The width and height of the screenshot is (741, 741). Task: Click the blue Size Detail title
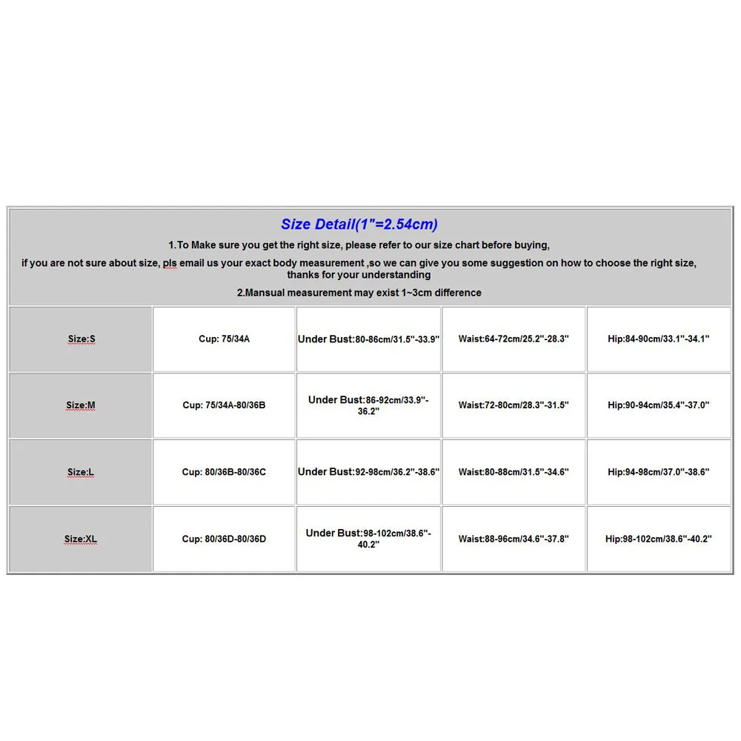(x=359, y=225)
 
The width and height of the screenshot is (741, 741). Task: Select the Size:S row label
(x=82, y=339)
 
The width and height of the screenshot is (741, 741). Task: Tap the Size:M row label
(x=81, y=405)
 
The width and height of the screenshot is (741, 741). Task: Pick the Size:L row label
(x=81, y=472)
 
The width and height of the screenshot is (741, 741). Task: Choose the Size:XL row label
(x=81, y=539)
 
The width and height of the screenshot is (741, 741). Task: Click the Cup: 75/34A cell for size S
(x=224, y=339)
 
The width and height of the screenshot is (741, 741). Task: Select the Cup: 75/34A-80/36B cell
(x=224, y=405)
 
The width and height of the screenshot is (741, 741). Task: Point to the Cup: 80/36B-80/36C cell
(x=224, y=472)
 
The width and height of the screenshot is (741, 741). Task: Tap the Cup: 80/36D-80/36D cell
(x=224, y=539)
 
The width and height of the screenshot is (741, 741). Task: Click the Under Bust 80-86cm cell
(x=369, y=339)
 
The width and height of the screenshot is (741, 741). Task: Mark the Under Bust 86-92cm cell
(x=369, y=405)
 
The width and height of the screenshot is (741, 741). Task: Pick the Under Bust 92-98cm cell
(x=369, y=472)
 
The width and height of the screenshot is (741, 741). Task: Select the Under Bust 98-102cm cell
(x=369, y=539)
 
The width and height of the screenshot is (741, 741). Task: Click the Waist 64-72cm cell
(x=514, y=339)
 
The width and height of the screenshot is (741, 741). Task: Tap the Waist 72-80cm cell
(x=514, y=405)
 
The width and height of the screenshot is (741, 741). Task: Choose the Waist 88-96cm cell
(x=514, y=539)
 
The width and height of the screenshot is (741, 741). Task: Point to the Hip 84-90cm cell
(x=659, y=339)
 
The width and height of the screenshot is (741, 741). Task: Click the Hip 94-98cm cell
(x=659, y=472)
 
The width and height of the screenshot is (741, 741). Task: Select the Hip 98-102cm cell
(x=659, y=539)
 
